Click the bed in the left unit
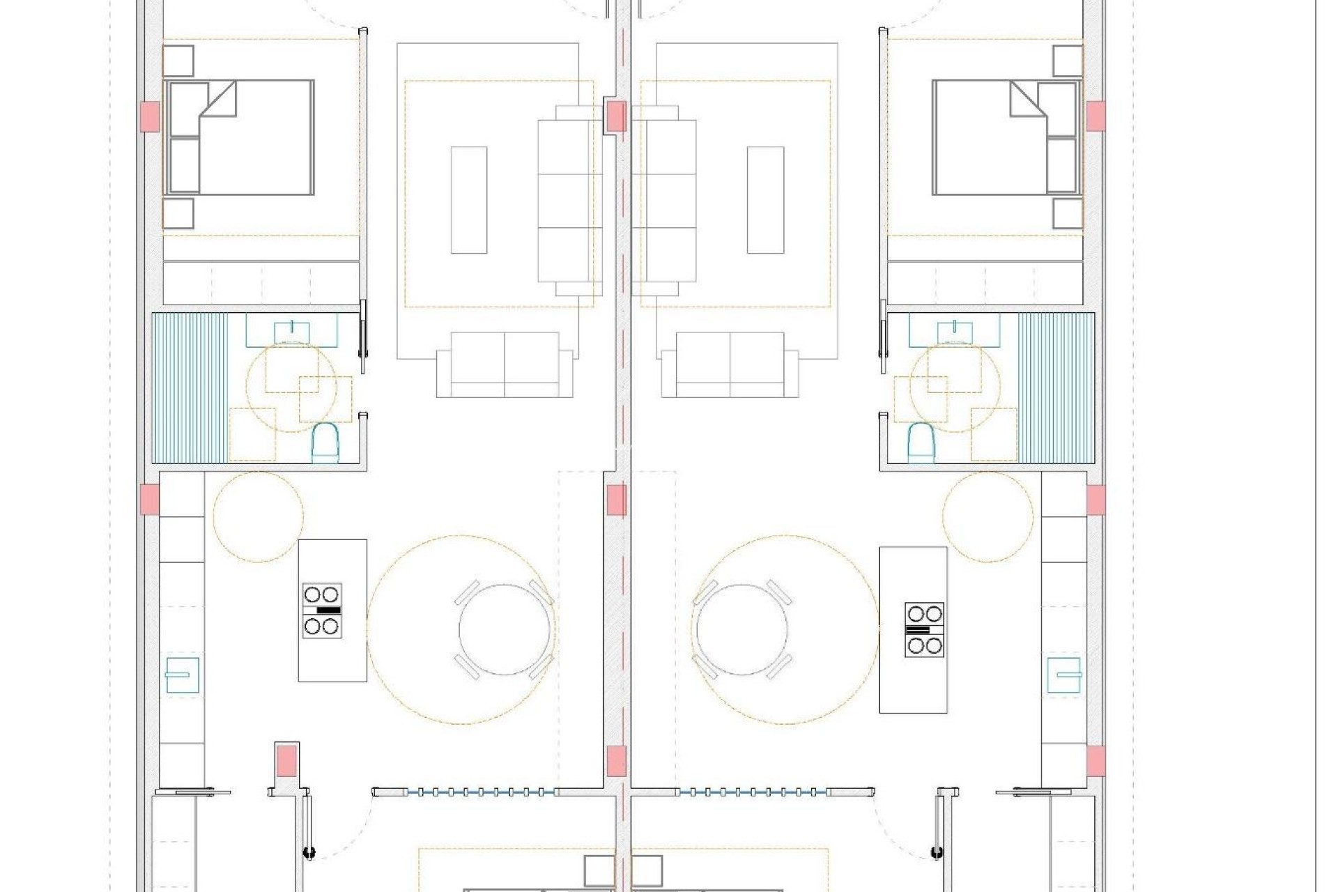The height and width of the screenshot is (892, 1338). click(238, 137)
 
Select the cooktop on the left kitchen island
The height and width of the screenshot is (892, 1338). click(322, 610)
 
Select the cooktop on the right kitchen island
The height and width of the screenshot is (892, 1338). click(924, 630)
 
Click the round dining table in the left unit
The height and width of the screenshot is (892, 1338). click(505, 629)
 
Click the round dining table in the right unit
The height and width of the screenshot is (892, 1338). click(741, 629)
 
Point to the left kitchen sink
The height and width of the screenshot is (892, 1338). click(182, 675)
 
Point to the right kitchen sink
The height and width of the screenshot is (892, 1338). click(1064, 675)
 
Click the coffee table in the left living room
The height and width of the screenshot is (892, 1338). click(468, 200)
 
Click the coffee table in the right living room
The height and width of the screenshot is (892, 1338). click(765, 200)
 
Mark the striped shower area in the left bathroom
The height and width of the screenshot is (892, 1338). click(190, 387)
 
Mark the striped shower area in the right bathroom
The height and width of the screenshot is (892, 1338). click(1056, 387)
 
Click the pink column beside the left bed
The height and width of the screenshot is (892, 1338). click(149, 116)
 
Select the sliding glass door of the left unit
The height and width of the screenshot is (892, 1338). click(465, 792)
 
